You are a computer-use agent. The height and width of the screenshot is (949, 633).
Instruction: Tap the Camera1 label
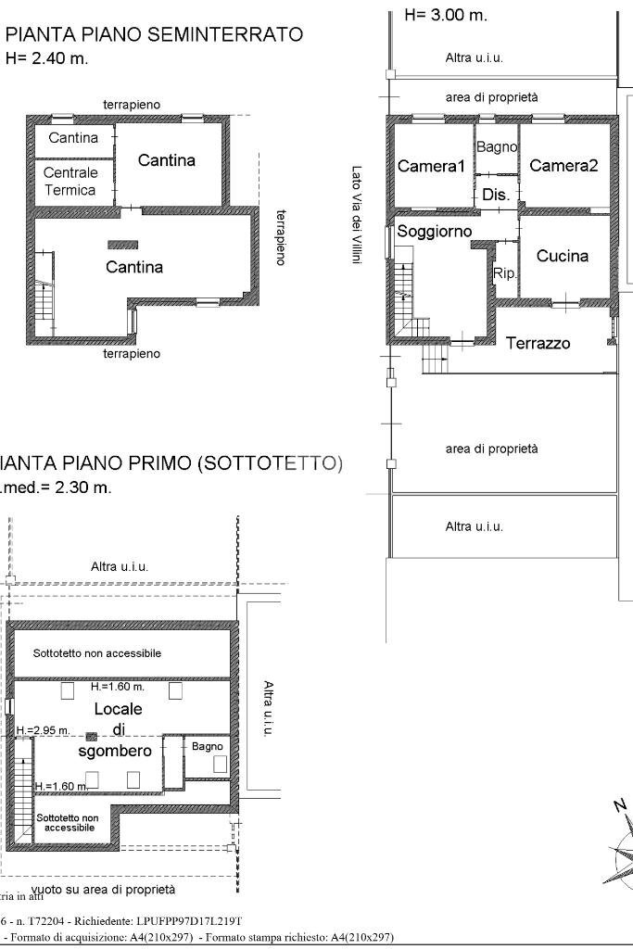[430, 167]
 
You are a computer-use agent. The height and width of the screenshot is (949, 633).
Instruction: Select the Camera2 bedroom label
[563, 166]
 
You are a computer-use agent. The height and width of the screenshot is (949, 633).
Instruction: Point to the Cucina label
[563, 256]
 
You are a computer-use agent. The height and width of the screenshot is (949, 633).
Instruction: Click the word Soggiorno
[434, 232]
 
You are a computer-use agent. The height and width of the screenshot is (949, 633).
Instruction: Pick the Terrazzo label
[538, 344]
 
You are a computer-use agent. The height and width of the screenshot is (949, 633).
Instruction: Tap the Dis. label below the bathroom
[496, 196]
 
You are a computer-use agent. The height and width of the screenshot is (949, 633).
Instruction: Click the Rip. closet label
[505, 274]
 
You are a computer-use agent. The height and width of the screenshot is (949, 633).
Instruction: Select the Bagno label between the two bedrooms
[496, 147]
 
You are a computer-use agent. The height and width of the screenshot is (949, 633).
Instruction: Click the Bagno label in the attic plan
[207, 746]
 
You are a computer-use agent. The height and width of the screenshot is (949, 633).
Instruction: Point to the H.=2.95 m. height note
[42, 731]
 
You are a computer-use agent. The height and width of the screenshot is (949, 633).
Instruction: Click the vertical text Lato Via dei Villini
[357, 214]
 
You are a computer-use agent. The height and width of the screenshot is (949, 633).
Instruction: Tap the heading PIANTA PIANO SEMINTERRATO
[154, 34]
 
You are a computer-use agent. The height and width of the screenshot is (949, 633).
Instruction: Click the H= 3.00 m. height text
[446, 15]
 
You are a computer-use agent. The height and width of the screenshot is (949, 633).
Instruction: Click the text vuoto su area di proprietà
[102, 890]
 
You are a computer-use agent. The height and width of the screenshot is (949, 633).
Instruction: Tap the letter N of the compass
[619, 804]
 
